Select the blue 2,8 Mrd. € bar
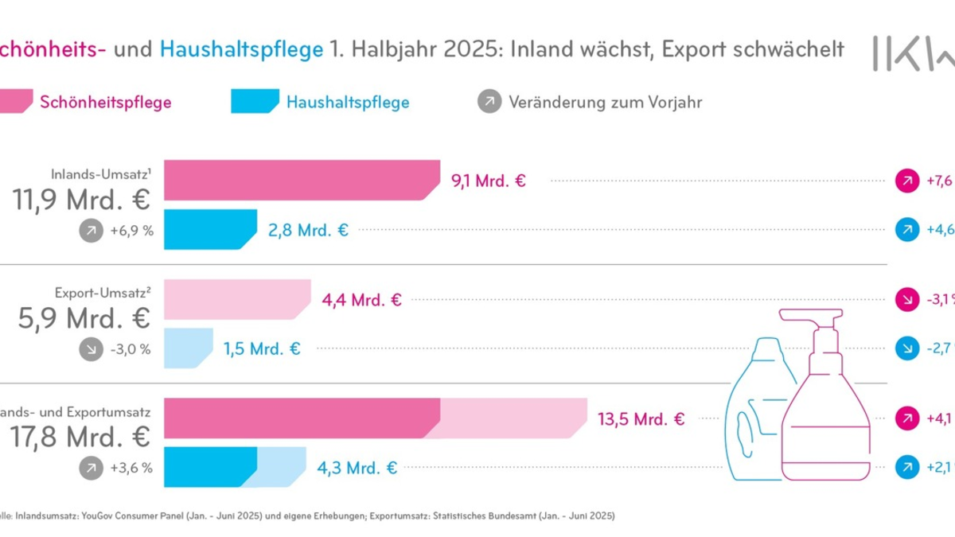210,230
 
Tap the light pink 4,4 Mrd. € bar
236,300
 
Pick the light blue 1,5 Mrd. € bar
188,348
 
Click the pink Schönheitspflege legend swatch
18,102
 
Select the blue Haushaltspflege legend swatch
252,102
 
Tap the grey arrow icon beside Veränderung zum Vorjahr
489,102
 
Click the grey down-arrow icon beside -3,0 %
92,349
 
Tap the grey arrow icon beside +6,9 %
92,232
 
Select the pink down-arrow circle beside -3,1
906,300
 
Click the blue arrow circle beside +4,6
906,230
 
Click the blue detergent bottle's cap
767,347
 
